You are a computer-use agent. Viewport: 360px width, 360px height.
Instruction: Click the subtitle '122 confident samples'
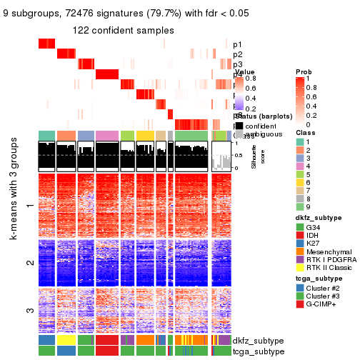coord(123,30)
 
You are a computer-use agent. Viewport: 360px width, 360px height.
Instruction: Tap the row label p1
coord(237,44)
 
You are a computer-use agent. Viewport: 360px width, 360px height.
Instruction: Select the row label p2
coord(237,54)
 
